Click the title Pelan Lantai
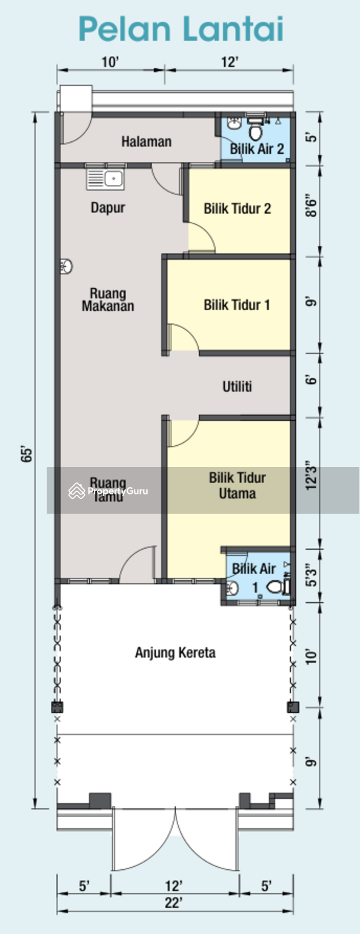point(181,29)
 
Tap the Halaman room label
point(146,142)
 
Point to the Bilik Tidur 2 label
point(237,209)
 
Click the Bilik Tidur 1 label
point(237,305)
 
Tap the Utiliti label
point(237,387)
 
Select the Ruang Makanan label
point(108,300)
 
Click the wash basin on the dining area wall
point(66,266)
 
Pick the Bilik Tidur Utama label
point(237,485)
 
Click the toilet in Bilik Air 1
point(275,588)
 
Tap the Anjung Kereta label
point(175,653)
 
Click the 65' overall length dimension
point(27,455)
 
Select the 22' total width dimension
point(174,903)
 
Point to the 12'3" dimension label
point(311,475)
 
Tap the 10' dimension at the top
point(110,62)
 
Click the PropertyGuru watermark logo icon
point(77,491)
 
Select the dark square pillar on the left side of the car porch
point(57,707)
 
